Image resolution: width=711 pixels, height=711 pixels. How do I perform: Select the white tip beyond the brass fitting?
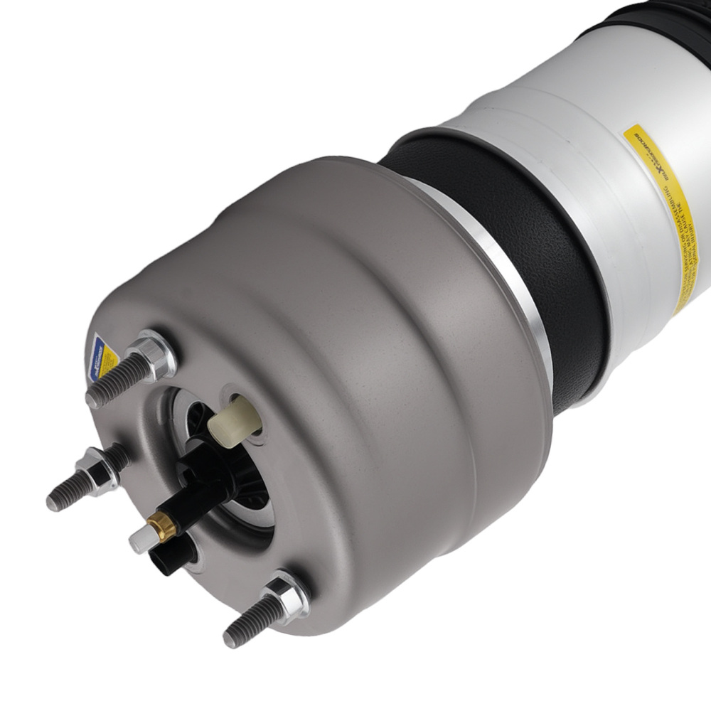click(x=139, y=542)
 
